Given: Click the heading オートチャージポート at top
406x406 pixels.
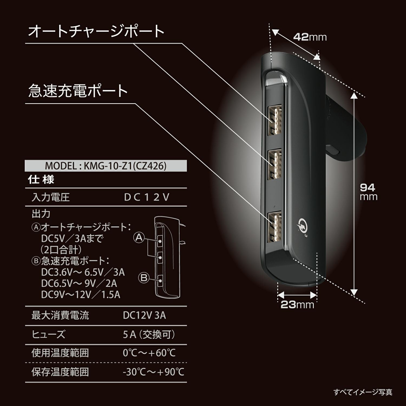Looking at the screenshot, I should click(x=96, y=31).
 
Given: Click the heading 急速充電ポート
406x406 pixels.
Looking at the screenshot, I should click(x=78, y=91).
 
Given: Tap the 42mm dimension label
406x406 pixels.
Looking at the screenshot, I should click(x=310, y=37).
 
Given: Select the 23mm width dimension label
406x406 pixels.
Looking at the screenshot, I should click(x=297, y=305).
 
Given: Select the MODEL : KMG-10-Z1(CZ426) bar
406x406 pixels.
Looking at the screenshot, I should click(x=106, y=166).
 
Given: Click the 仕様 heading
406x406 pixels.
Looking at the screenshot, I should click(x=41, y=179).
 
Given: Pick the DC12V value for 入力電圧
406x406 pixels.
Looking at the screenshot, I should click(x=146, y=197).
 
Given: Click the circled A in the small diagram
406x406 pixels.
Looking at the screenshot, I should click(x=139, y=238).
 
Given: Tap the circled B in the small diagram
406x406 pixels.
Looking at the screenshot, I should click(x=144, y=278).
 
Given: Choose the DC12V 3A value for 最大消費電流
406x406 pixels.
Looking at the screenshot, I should click(x=144, y=315).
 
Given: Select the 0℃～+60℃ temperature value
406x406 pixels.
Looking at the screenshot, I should click(x=149, y=353).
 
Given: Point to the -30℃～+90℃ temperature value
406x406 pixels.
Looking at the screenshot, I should click(x=153, y=372).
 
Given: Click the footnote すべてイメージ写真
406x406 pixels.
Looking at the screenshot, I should click(x=363, y=392).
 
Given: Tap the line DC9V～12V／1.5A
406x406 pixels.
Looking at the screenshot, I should click(x=81, y=294).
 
